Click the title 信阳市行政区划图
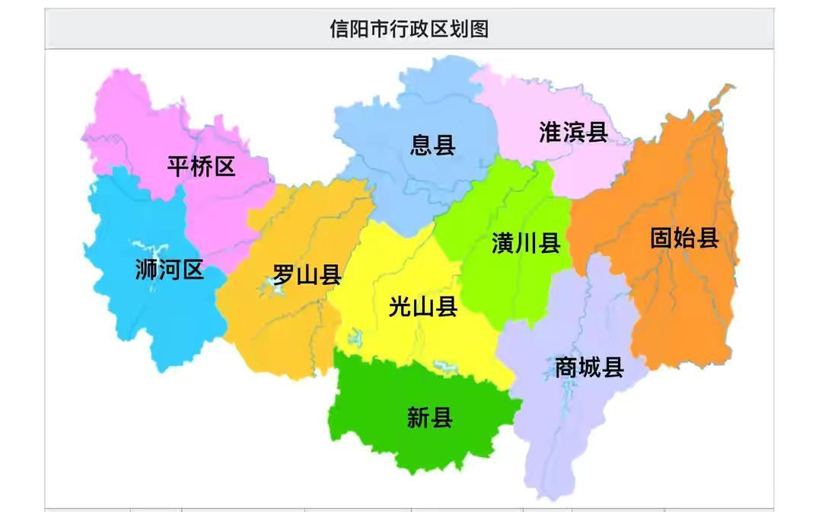(409, 29)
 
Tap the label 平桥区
(201, 166)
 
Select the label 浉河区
(169, 269)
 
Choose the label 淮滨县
(573, 132)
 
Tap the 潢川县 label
(526, 244)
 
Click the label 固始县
(684, 238)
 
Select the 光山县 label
(423, 306)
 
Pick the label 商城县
(589, 367)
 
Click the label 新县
(429, 418)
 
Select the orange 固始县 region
(677, 305)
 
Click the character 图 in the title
(478, 29)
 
